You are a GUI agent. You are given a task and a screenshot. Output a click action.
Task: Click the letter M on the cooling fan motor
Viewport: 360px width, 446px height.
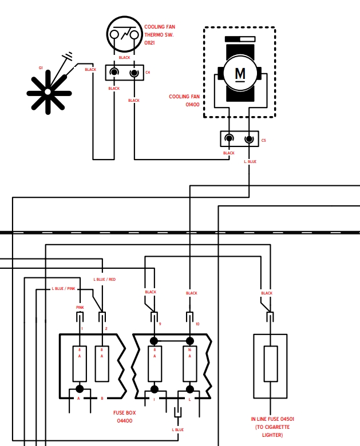[240, 74]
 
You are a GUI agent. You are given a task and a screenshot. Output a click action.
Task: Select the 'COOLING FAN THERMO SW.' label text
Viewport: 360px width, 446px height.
[160, 31]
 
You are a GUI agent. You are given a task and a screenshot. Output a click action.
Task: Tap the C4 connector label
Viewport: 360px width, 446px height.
[148, 73]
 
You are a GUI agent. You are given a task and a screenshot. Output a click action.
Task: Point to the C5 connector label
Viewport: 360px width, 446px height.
[263, 141]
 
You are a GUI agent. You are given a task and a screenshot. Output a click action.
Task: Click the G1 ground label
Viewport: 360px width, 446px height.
[41, 68]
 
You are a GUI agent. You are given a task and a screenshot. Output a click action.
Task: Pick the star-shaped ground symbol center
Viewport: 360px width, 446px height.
[48, 92]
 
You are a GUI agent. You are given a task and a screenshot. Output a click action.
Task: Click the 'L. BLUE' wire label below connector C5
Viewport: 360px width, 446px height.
[250, 162]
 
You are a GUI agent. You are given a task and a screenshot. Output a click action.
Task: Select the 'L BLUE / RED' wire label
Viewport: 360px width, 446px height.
[105, 279]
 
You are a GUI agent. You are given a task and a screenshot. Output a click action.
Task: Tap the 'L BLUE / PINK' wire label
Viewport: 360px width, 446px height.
[64, 288]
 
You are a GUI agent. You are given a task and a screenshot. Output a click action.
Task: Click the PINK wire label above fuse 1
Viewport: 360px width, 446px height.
[80, 307]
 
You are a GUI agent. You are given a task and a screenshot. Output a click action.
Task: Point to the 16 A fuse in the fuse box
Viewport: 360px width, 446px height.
[189, 364]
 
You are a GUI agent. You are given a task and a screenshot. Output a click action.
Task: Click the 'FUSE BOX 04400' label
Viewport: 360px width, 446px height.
[124, 416]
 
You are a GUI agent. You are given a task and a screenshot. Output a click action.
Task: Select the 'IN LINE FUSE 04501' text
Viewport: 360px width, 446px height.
[272, 419]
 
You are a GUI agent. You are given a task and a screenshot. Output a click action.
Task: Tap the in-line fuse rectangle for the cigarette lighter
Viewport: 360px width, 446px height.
[271, 364]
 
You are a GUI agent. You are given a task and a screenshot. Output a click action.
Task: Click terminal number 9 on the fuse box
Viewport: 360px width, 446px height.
[160, 324]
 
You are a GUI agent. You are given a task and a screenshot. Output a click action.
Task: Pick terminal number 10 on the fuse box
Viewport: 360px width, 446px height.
[197, 324]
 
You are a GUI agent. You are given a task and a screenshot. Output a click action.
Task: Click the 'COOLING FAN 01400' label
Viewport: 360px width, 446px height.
[184, 101]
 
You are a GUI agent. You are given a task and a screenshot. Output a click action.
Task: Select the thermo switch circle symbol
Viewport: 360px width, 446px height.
[124, 34]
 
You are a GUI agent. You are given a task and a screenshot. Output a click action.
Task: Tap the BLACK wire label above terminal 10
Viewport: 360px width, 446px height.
[191, 293]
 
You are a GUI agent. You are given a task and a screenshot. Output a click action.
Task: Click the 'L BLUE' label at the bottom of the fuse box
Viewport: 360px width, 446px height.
[178, 429]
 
